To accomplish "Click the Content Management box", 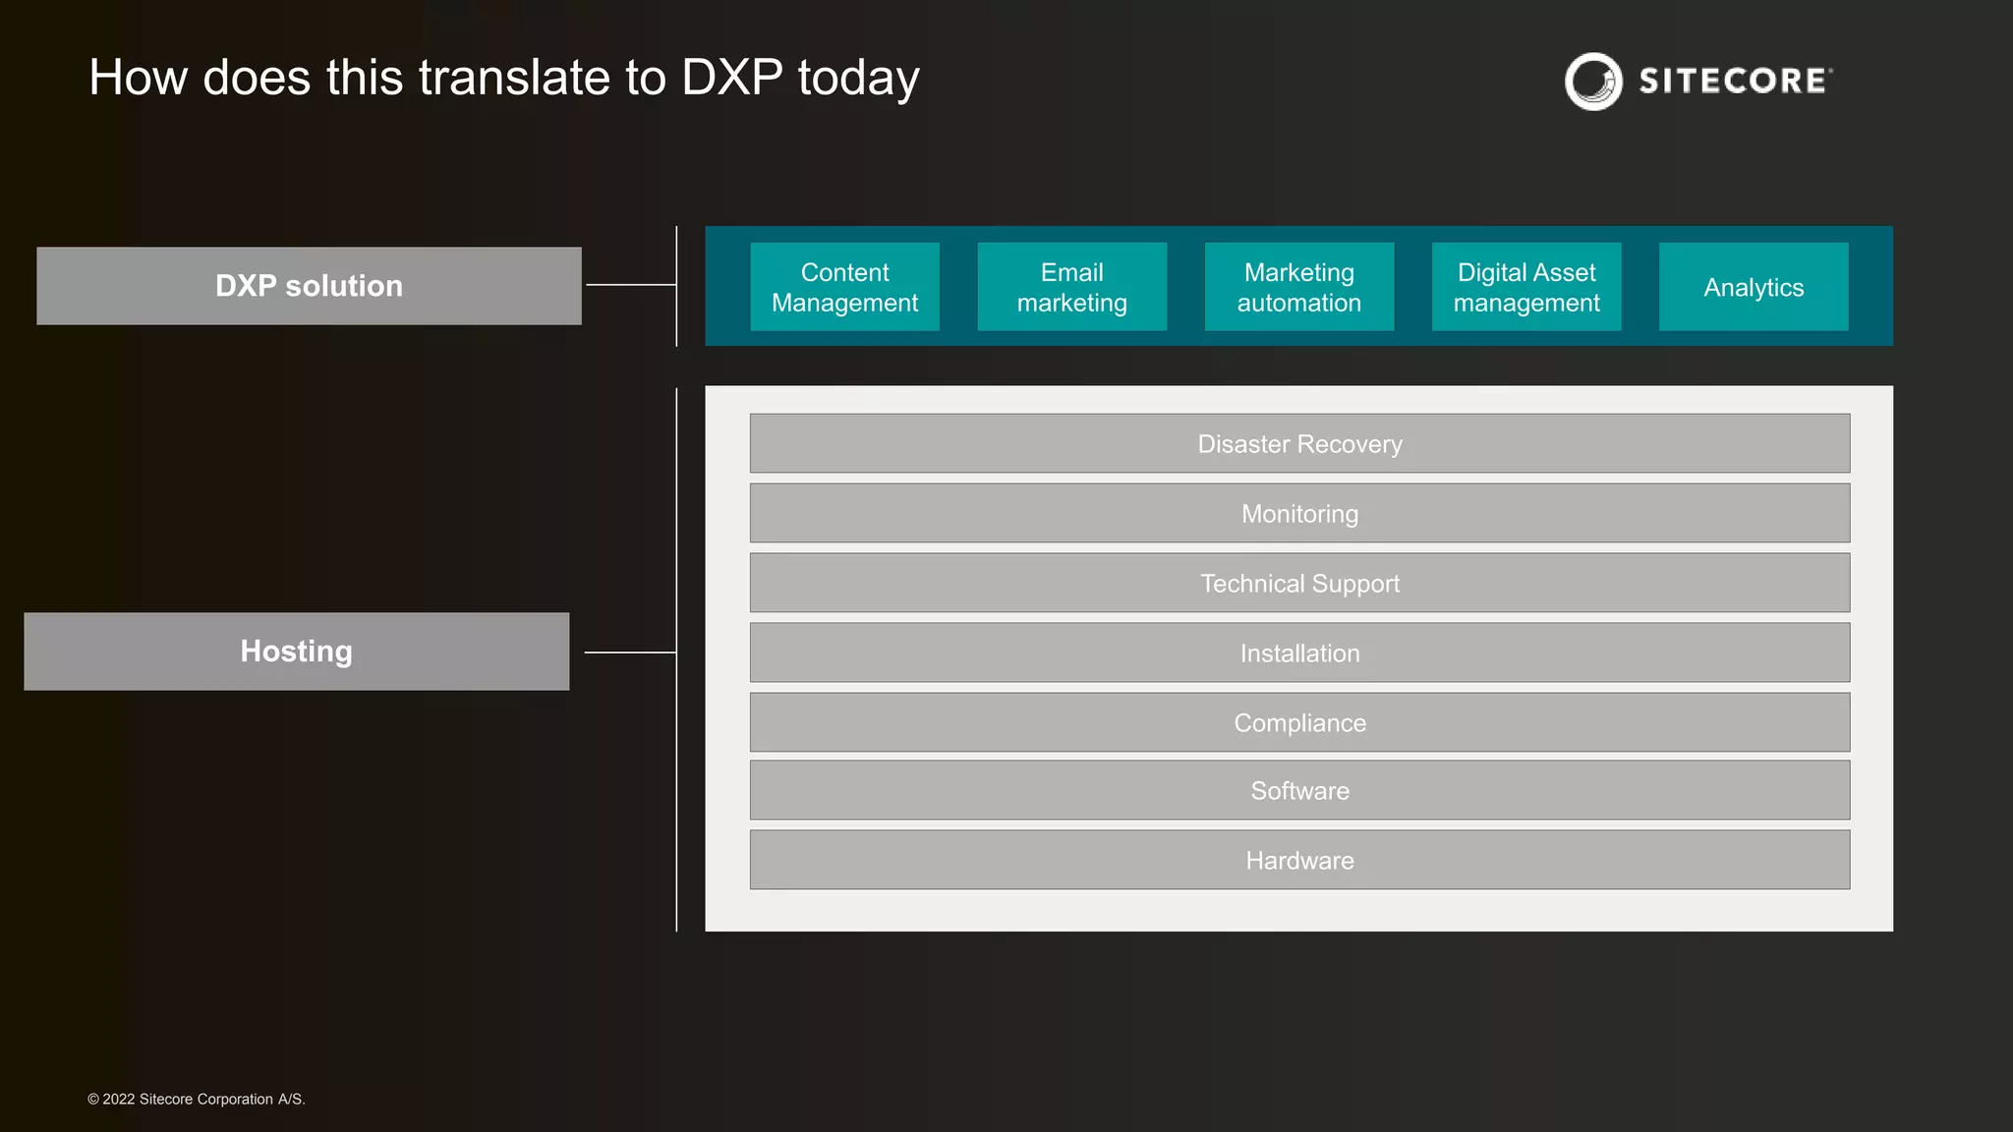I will tap(844, 287).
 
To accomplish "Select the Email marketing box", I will tap(1071, 287).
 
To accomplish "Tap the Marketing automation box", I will tap(1298, 287).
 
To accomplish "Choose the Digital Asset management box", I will tap(1525, 287).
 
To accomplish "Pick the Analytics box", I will tap(1753, 287).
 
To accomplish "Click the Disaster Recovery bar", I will tap(1299, 443).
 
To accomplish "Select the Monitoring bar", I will tap(1299, 513).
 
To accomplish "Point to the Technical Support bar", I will tap(1299, 583).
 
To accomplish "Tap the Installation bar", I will tap(1299, 652).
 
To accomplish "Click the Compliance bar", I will tap(1299, 722).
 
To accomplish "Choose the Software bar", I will tap(1299, 790).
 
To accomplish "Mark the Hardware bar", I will tap(1299, 860).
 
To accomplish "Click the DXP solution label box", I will tap(309, 286).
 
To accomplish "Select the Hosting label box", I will tap(296, 651).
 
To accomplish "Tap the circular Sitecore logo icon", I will tap(1593, 82).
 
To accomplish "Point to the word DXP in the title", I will tap(732, 78).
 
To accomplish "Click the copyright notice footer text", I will tap(197, 1099).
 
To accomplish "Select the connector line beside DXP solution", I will tap(631, 285).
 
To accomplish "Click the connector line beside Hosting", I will tap(630, 651).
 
